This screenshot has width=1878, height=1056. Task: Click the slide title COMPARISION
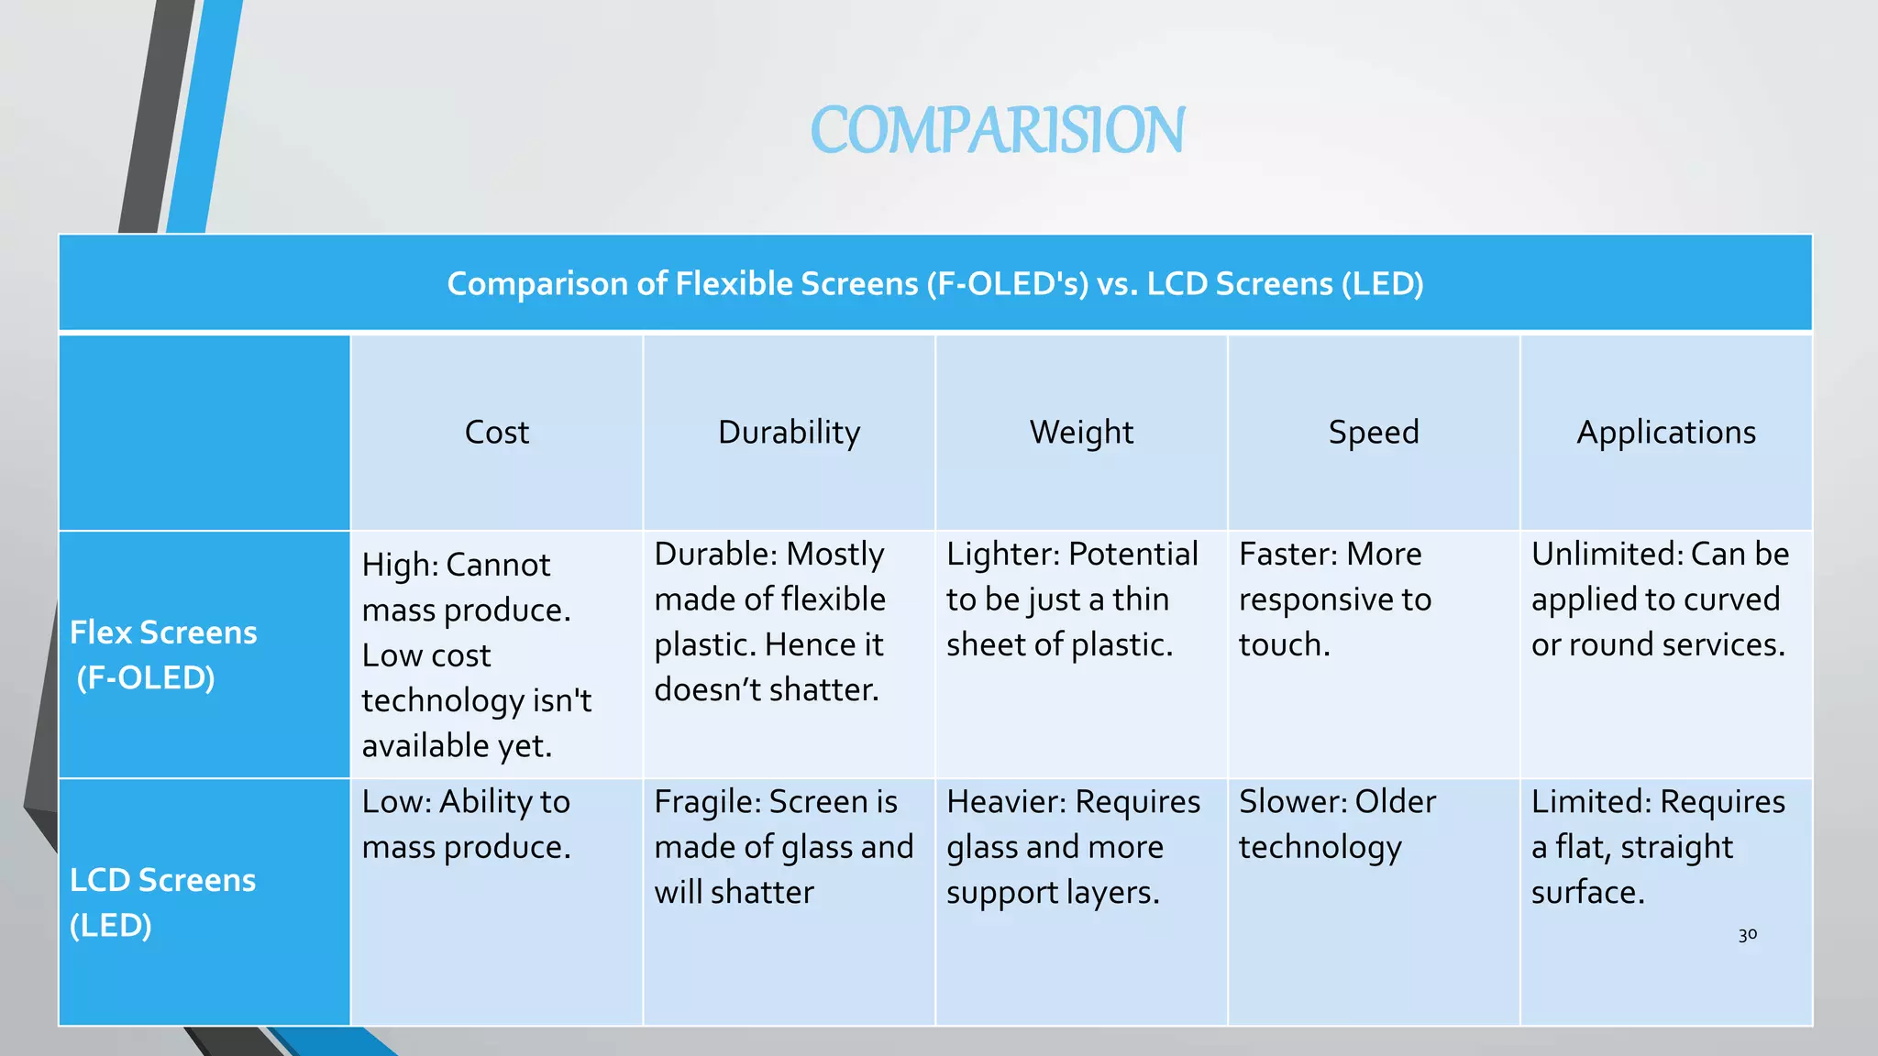coord(998,130)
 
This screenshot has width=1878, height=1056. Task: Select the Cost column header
coord(496,432)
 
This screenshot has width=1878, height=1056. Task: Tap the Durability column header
coord(789,432)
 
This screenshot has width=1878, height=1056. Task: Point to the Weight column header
coord(1081,432)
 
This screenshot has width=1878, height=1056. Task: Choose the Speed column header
coord(1374,432)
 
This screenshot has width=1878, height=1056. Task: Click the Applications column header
coord(1666,432)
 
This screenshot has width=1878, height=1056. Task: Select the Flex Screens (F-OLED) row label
coord(163,654)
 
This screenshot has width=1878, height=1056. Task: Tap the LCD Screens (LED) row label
coord(162,902)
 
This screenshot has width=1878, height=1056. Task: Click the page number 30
coord(1747,935)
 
